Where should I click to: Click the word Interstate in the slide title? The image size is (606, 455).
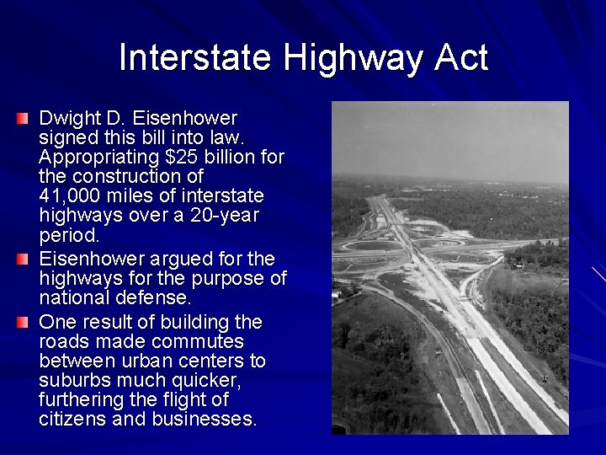[196, 57]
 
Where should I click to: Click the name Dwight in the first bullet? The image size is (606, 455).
[69, 119]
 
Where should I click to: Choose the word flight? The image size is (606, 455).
[178, 399]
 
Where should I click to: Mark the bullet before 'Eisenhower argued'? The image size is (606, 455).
[23, 256]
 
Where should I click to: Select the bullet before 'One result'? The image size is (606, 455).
[23, 321]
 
